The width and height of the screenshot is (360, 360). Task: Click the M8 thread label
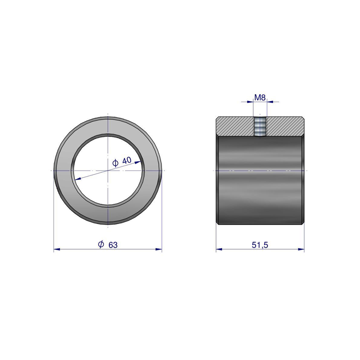(260, 98)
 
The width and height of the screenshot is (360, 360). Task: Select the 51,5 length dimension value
(260, 245)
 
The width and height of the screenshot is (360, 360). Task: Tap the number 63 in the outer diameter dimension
(113, 245)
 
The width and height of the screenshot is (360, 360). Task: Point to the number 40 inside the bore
(127, 160)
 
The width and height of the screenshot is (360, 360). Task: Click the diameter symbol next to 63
(101, 244)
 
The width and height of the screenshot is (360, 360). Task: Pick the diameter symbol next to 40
(115, 163)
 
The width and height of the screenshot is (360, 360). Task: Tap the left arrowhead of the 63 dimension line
(57, 249)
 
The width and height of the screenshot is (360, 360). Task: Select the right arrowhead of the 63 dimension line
(159, 249)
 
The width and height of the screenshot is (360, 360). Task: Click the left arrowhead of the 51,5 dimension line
(219, 249)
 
